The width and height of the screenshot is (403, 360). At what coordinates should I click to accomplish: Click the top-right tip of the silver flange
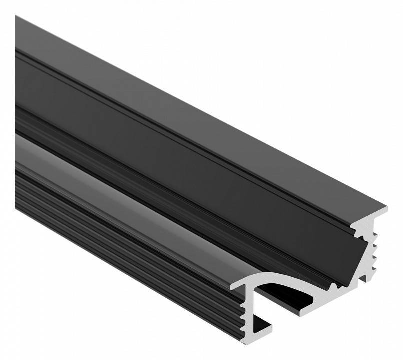click(385, 207)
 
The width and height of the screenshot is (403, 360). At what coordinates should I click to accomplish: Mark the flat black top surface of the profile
click(200, 110)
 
